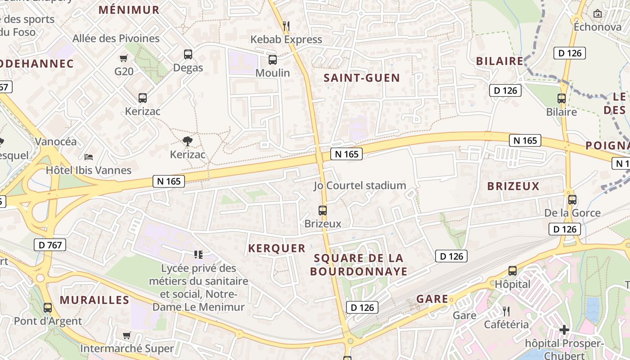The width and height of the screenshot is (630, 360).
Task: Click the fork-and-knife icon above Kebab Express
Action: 285,26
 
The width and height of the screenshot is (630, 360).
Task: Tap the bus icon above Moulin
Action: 272,59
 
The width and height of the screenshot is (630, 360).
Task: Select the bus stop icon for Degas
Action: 188,54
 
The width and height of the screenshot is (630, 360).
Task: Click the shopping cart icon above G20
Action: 123,58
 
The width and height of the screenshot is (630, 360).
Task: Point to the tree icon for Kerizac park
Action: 187,141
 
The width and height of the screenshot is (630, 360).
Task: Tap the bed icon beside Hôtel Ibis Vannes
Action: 89,157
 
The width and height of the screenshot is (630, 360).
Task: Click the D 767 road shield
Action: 50,245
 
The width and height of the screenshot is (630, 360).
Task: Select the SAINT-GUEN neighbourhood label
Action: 362,78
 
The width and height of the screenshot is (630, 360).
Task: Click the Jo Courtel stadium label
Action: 360,185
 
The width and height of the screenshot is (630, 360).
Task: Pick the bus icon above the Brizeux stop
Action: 322,210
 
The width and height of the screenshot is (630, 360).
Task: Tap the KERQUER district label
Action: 277,248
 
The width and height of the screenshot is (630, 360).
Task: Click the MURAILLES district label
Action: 94,300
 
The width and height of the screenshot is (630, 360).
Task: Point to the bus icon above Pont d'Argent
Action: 48,308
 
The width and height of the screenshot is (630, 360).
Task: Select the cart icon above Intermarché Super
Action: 126,335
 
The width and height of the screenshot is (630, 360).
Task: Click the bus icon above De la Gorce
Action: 572,199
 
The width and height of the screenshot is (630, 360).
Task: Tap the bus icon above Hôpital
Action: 512,270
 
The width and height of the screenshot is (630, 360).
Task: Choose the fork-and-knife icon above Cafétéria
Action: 506,311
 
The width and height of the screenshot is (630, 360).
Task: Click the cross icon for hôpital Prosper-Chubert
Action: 564,330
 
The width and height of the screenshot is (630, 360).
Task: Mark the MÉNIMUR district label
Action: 129,10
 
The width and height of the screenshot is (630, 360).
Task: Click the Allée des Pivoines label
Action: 116,38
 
